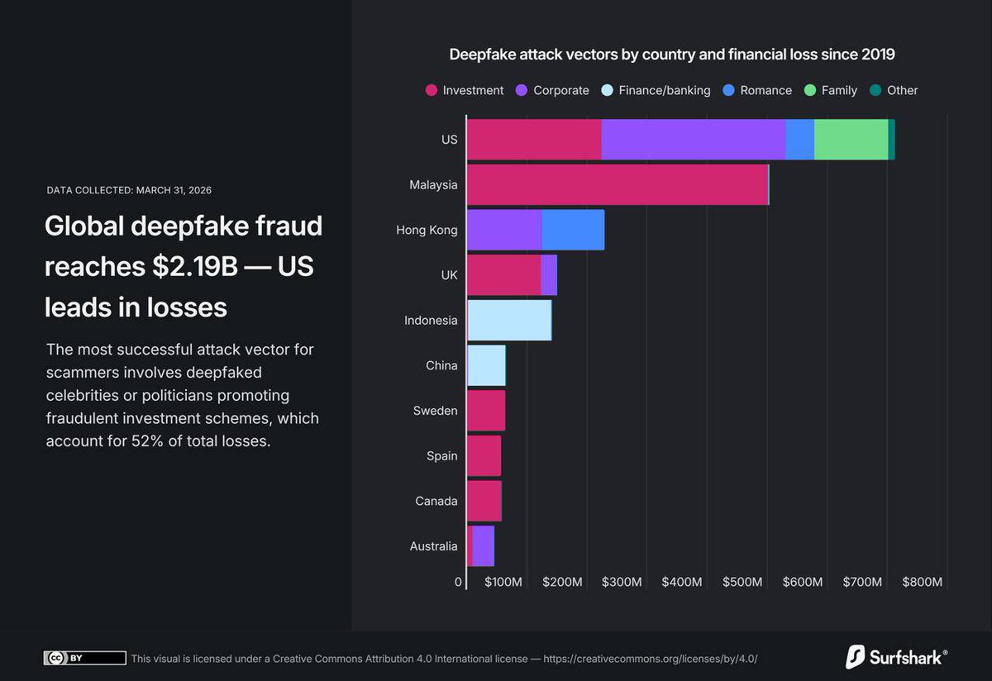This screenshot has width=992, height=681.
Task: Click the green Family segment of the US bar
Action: coord(851,139)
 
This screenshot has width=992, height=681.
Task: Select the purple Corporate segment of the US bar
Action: coord(693,139)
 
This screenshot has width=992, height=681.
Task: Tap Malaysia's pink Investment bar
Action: coord(617,184)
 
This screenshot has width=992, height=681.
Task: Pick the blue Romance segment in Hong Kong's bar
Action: coord(573,230)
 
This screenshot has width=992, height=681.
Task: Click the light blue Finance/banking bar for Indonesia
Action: coord(509,320)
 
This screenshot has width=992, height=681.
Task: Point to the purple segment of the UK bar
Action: coord(549,274)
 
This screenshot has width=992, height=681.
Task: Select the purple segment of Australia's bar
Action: coord(483,546)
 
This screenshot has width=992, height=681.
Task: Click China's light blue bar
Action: coord(486,365)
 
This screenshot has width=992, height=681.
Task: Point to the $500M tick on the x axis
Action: coord(742,582)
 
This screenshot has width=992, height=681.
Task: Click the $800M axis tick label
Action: coord(922,582)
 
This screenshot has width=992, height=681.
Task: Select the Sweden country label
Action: coord(435,411)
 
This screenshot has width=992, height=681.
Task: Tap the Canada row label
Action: coord(436,501)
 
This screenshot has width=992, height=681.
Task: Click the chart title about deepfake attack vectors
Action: coord(671,55)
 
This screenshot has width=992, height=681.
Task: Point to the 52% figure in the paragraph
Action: coord(144,441)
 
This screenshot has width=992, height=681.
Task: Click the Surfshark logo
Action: coord(896,657)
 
